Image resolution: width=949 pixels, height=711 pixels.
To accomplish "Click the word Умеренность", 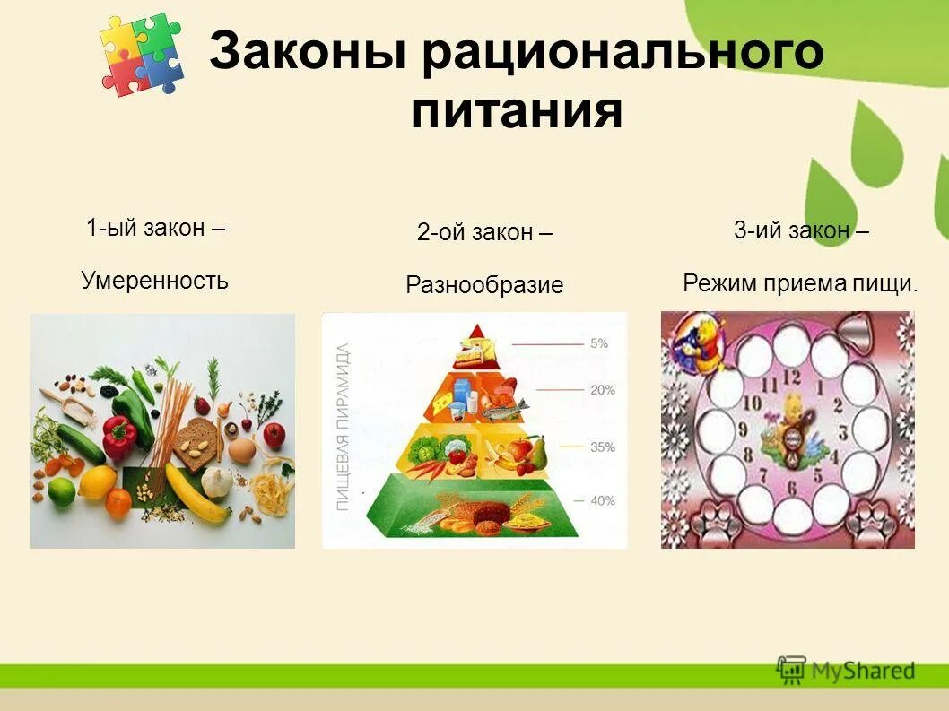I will (x=154, y=281).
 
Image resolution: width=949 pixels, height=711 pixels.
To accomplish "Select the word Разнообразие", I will (x=484, y=286).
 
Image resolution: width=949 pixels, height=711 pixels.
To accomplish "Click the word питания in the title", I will (x=517, y=113).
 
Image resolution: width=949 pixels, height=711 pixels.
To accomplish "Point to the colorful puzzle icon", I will (x=141, y=55).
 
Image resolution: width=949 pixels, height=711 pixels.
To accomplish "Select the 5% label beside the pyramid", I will (x=599, y=342).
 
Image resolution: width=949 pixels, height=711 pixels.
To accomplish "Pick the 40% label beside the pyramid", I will (x=602, y=500).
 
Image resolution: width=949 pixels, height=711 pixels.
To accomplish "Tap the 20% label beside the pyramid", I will (x=602, y=390).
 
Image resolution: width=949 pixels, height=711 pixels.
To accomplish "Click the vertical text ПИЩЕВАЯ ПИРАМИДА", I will (x=342, y=428).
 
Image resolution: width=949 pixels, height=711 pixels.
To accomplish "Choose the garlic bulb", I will (x=217, y=481).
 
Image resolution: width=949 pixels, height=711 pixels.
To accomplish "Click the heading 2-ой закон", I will (x=484, y=233).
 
